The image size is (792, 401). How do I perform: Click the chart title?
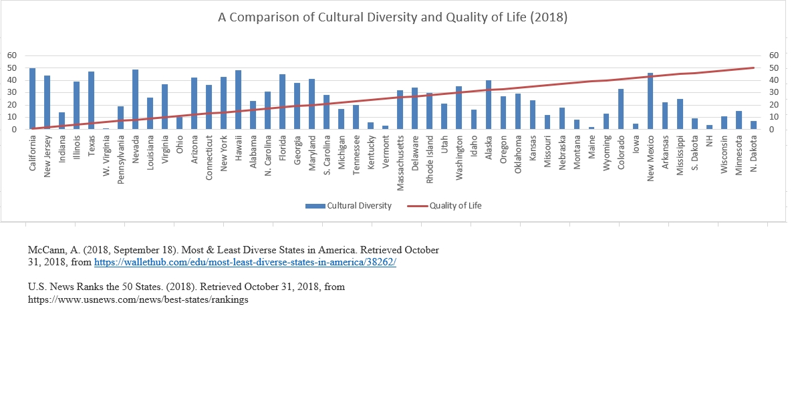(x=392, y=17)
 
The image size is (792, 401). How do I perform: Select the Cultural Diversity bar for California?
(x=32, y=98)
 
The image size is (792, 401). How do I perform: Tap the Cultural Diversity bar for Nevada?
(x=136, y=100)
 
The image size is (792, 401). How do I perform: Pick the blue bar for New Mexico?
(x=650, y=101)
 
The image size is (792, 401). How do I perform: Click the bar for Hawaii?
(x=238, y=100)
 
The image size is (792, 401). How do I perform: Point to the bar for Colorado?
(x=621, y=109)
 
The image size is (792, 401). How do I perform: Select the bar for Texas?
(x=92, y=100)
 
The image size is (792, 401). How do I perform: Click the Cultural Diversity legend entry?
(x=348, y=206)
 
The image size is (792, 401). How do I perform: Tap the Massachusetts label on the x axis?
(x=400, y=162)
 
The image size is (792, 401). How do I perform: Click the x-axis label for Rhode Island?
(x=429, y=158)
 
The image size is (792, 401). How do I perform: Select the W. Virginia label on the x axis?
(x=106, y=156)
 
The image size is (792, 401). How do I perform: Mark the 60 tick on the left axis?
(x=11, y=55)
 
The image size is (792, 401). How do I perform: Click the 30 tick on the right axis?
(x=775, y=92)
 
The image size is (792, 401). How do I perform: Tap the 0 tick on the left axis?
(x=14, y=129)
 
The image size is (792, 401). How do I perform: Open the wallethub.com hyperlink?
(x=245, y=262)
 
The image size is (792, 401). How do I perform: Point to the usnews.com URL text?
(x=138, y=299)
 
